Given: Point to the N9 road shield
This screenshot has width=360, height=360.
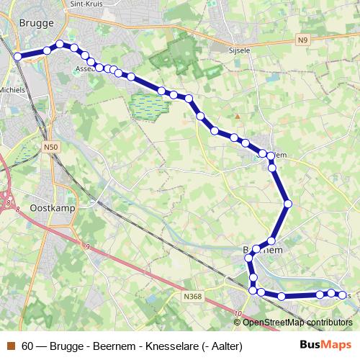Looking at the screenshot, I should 305,42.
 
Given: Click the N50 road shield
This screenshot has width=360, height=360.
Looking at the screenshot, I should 50,148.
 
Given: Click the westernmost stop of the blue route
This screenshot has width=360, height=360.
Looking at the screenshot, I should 17,56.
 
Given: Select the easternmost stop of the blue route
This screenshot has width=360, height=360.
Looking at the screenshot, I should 341,294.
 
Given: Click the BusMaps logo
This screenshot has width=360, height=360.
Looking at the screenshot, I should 325,345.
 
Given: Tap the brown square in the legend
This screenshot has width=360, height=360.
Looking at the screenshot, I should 10,346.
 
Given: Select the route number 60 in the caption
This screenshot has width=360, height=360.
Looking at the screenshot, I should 27,346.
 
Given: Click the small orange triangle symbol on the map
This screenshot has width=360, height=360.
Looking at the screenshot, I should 238,115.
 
